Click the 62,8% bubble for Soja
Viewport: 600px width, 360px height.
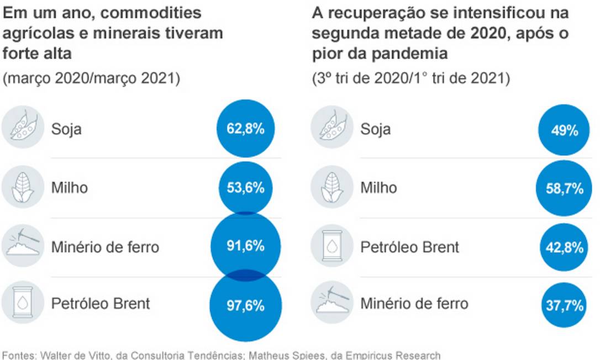pos(245,129)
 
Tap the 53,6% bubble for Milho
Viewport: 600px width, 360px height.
pos(245,188)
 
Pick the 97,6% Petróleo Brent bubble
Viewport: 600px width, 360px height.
pos(245,305)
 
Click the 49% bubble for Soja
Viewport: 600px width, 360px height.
pos(564,130)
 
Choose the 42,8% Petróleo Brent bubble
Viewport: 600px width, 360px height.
pos(564,247)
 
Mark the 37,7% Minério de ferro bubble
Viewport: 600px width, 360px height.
pos(564,304)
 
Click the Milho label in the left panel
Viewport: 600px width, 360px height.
pos(69,188)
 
